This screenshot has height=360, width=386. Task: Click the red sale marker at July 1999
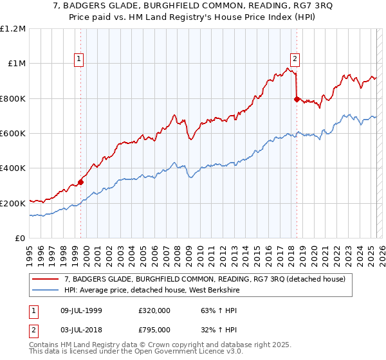pos(81,182)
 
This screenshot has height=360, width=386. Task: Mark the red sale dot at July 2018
pos(297,99)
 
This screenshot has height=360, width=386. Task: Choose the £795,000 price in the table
pos(154,329)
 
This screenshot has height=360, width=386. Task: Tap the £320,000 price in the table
pos(154,311)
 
